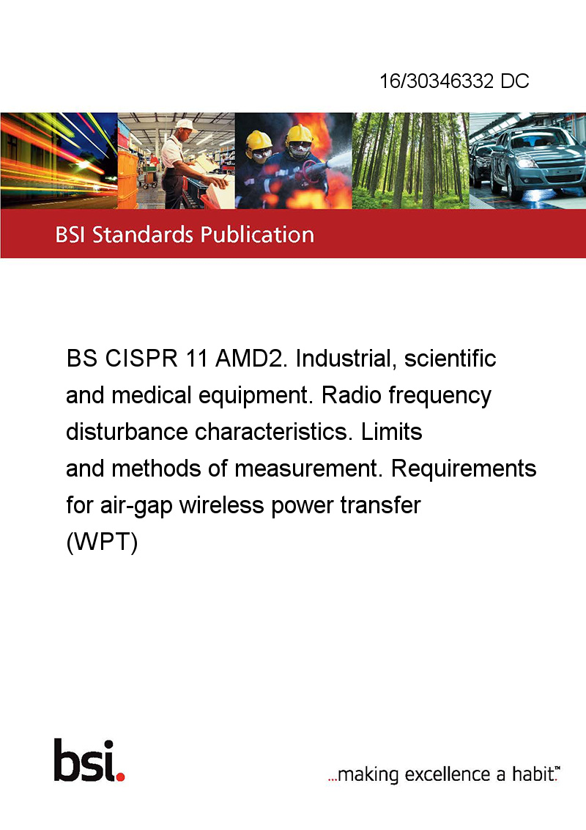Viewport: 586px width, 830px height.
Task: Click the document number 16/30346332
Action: [x=437, y=81]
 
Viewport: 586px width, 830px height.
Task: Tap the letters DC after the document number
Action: [x=515, y=81]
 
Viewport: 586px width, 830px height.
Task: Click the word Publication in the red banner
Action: [x=257, y=235]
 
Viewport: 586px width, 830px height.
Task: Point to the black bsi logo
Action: [x=89, y=760]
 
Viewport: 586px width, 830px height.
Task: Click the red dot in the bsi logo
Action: [x=120, y=776]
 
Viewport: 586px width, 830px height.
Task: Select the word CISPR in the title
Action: [x=141, y=359]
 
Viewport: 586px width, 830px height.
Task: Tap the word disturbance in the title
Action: [x=127, y=432]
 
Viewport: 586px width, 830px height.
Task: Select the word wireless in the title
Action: [x=221, y=505]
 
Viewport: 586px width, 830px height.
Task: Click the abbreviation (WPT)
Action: [x=102, y=542]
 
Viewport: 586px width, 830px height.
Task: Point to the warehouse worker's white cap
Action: [x=185, y=125]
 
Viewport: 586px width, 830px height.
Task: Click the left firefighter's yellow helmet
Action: [x=259, y=141]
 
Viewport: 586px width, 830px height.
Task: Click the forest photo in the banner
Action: [x=410, y=161]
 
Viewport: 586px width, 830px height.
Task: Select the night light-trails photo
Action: [x=59, y=161]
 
